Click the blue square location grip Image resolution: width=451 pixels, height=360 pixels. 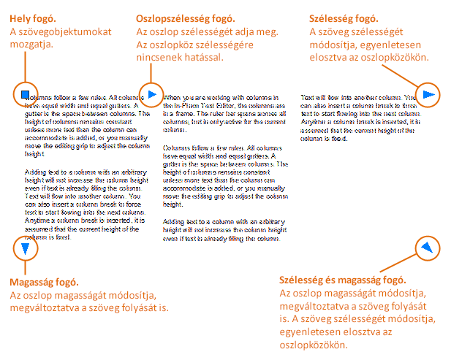[24, 93]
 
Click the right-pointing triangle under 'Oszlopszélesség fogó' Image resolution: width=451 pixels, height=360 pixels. [151, 93]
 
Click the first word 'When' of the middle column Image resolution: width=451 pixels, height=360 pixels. [171, 96]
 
